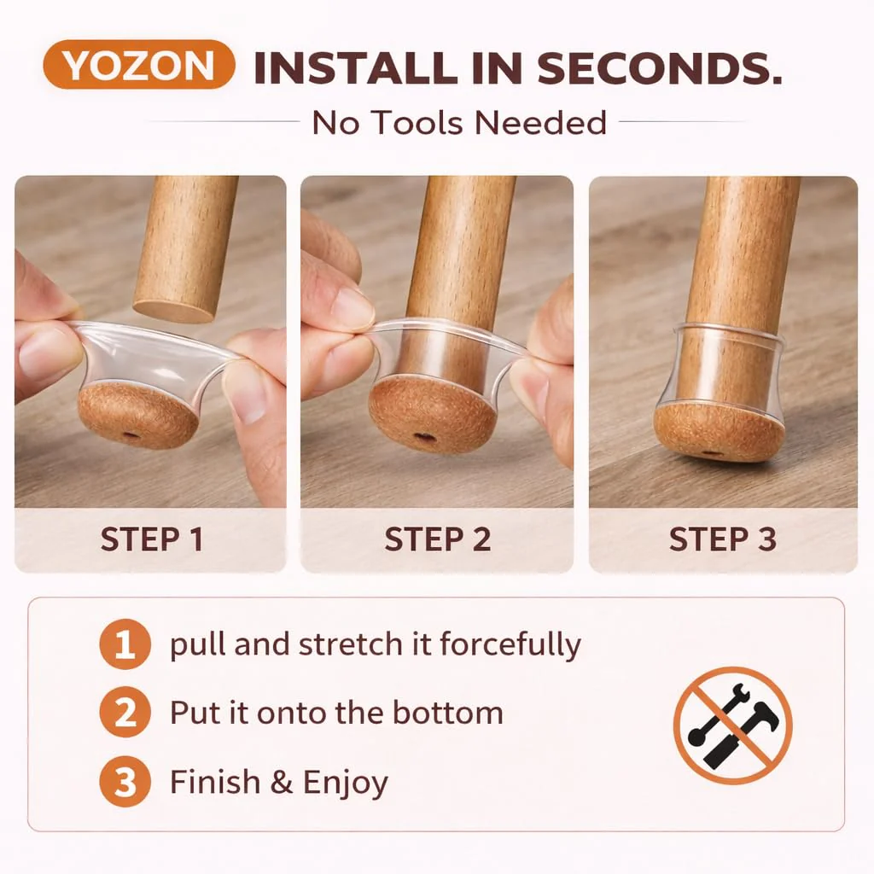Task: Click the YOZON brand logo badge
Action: coord(139,65)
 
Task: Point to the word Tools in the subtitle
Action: coord(417,123)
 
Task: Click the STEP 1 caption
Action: coord(151,539)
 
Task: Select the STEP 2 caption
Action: coord(438,539)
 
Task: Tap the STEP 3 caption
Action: coord(723,539)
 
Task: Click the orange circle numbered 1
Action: coord(125,644)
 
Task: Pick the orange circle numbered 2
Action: coord(125,713)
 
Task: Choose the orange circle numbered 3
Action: coord(125,782)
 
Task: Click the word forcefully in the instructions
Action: coord(510,645)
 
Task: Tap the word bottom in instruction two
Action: coord(447,713)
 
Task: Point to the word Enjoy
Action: coord(346,784)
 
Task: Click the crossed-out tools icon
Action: coord(733,725)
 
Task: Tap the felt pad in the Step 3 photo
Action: coord(712,431)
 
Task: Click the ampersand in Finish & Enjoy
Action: coord(282,782)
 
